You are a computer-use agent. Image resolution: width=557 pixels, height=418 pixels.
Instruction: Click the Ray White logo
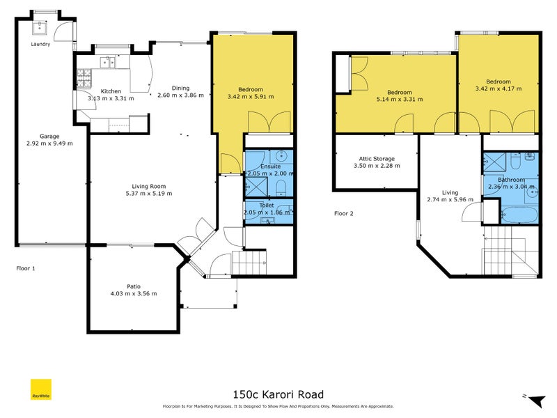[41, 390]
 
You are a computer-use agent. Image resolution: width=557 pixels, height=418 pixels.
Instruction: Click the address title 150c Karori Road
[278, 394]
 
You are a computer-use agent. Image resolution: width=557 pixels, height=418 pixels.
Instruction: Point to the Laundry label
[41, 44]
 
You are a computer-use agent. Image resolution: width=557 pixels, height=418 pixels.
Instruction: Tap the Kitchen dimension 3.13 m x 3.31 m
[111, 98]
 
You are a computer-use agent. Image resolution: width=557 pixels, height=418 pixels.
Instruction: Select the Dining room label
[180, 88]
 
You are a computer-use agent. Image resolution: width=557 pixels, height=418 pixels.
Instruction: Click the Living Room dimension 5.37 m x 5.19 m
[148, 193]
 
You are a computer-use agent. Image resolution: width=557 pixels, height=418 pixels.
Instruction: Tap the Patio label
[134, 286]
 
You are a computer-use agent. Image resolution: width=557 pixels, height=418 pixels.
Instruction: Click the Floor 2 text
[343, 213]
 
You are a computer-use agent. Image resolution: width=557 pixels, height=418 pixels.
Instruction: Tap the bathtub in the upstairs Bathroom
[518, 214]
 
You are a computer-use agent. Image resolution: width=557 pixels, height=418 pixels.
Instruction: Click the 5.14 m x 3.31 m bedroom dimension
[400, 100]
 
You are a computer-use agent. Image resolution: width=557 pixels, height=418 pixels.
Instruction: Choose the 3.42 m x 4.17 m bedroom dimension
[498, 88]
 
